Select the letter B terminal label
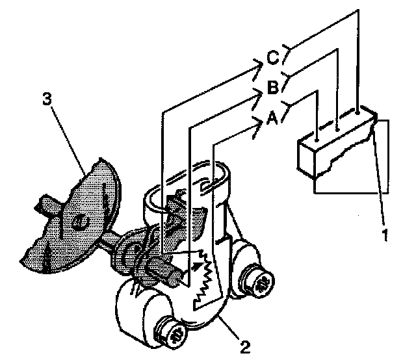click(x=274, y=88)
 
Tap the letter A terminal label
click(x=274, y=119)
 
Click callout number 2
click(x=244, y=345)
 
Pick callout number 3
click(x=46, y=98)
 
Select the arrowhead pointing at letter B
click(x=259, y=93)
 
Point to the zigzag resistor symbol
click(x=209, y=276)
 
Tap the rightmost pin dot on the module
click(x=357, y=118)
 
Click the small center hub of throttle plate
click(x=77, y=223)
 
